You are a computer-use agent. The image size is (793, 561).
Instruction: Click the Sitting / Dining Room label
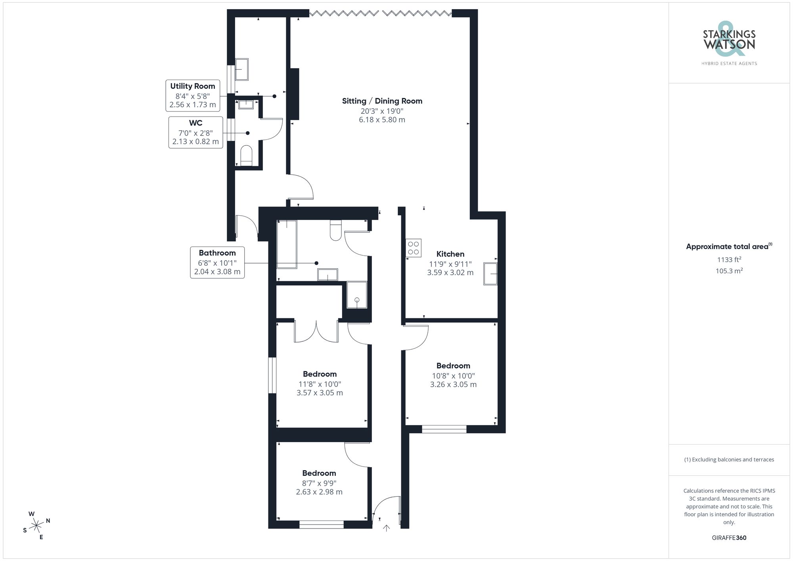(x=382, y=101)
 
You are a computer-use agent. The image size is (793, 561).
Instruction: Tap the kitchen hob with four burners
(x=413, y=248)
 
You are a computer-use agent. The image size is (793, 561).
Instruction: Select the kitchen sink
(x=490, y=274)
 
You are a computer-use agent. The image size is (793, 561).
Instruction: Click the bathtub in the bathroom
(x=287, y=244)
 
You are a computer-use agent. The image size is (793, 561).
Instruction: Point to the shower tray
(x=357, y=295)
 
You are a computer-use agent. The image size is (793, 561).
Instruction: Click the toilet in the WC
(x=246, y=155)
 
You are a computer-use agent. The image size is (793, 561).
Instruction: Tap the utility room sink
(x=242, y=69)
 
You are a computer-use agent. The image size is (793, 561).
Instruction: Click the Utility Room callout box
(x=193, y=96)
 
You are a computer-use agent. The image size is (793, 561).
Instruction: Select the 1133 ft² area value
(x=729, y=260)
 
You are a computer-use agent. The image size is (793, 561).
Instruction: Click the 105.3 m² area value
(x=729, y=271)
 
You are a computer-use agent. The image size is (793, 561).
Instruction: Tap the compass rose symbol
(x=36, y=526)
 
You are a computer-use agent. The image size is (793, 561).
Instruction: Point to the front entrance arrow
(x=386, y=528)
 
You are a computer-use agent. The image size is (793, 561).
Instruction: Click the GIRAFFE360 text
(x=729, y=538)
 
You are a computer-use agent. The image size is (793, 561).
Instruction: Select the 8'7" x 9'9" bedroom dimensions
(x=319, y=483)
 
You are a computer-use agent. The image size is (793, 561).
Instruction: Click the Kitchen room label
(x=450, y=254)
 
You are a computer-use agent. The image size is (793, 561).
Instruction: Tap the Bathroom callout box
(x=217, y=262)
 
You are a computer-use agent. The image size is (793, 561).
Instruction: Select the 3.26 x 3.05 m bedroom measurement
(x=453, y=385)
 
